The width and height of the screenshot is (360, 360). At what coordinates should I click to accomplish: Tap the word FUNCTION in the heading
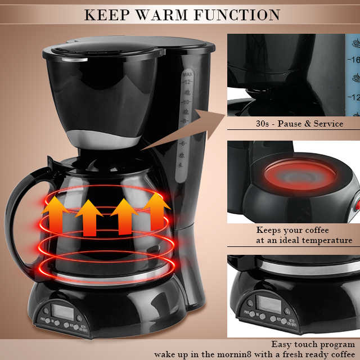(x=236, y=15)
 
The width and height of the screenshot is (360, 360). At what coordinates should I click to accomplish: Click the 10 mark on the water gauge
(x=186, y=102)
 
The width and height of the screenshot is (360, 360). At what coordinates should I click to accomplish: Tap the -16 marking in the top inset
(x=353, y=61)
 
